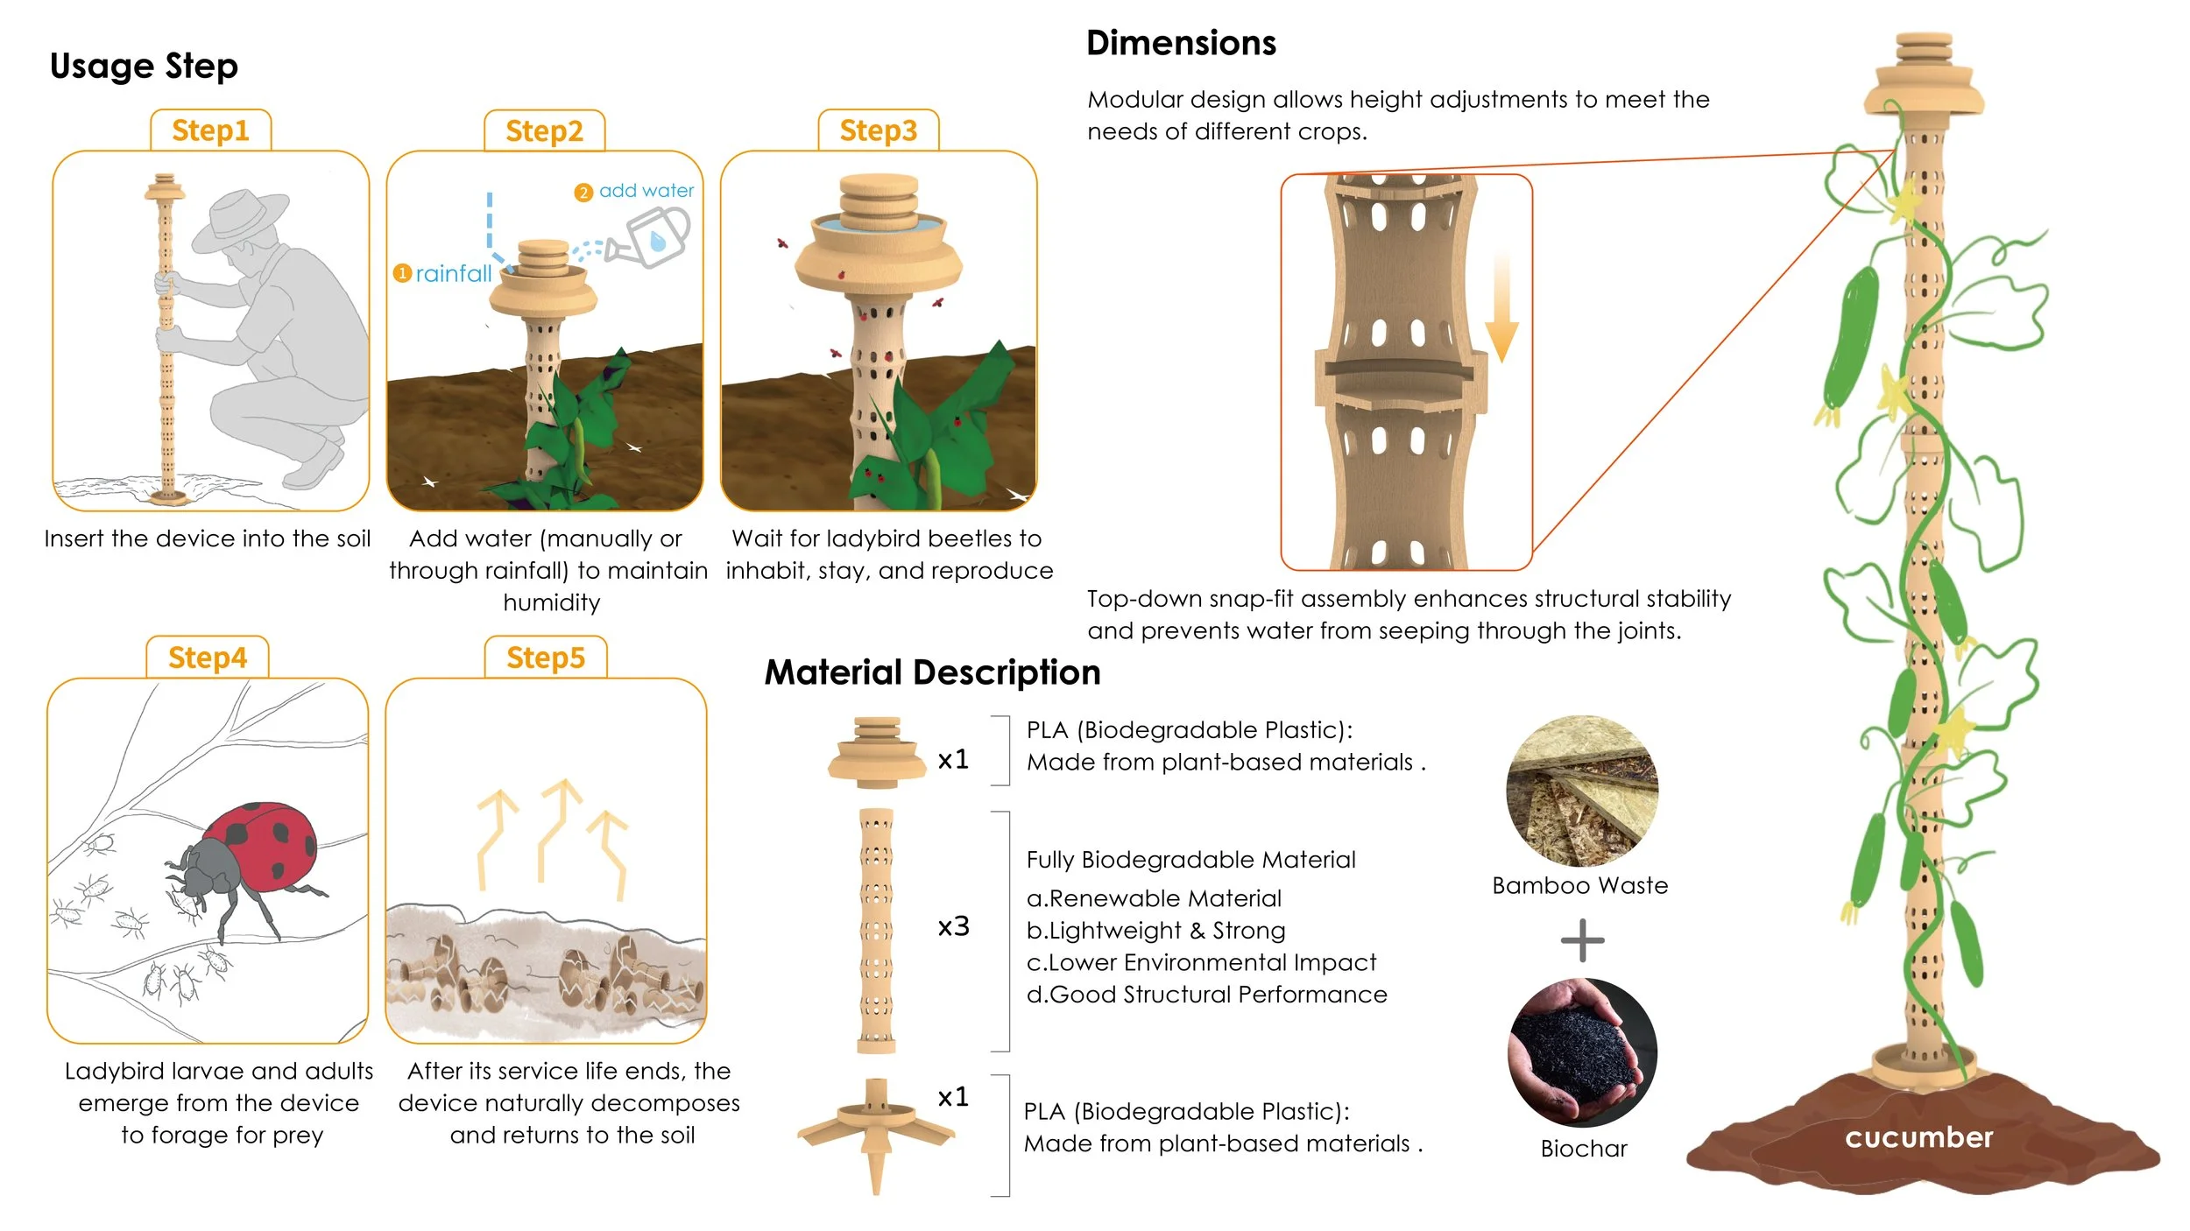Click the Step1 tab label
210,130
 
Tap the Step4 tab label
208,658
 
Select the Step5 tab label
546,658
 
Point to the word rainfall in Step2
453,274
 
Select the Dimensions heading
1181,43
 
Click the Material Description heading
932,672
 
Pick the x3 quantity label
953,926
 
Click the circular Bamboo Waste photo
1582,791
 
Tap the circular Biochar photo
1582,1052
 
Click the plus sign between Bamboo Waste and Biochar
1582,940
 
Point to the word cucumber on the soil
1918,1137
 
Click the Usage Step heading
144,67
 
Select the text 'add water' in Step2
646,191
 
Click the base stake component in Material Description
876,1136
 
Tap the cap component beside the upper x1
877,749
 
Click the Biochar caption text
1584,1149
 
